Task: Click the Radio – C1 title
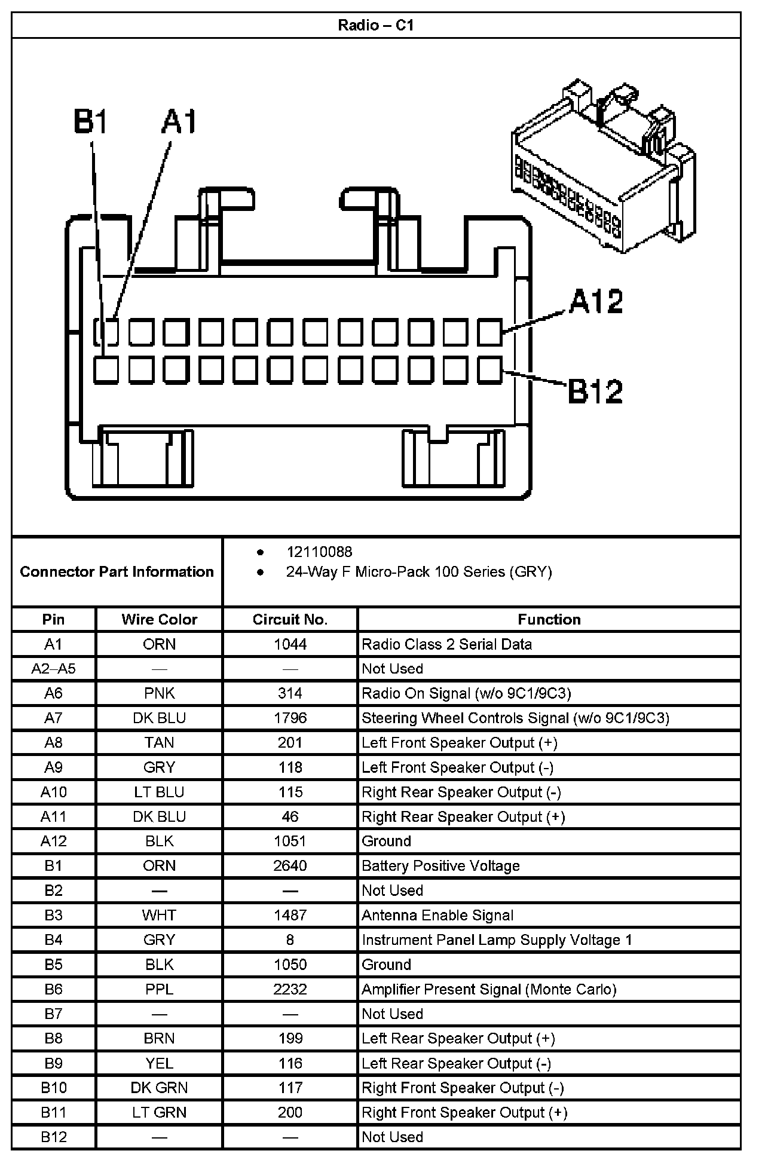[x=375, y=25]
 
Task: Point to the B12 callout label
[x=595, y=391]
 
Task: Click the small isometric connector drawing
[x=604, y=167]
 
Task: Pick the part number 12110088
[x=319, y=552]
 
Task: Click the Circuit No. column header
[x=290, y=619]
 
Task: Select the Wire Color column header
[x=159, y=619]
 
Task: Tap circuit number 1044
[x=290, y=644]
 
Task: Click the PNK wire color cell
[x=159, y=693]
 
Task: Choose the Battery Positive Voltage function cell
[x=440, y=866]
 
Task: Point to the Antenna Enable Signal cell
[x=437, y=915]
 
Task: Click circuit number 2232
[x=290, y=989]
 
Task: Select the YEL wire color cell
[x=159, y=1063]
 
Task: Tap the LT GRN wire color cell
[x=159, y=1112]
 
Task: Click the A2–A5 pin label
[x=53, y=669]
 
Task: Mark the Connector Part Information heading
[x=117, y=572]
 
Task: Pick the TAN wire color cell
[x=159, y=742]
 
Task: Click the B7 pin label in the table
[x=53, y=1014]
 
